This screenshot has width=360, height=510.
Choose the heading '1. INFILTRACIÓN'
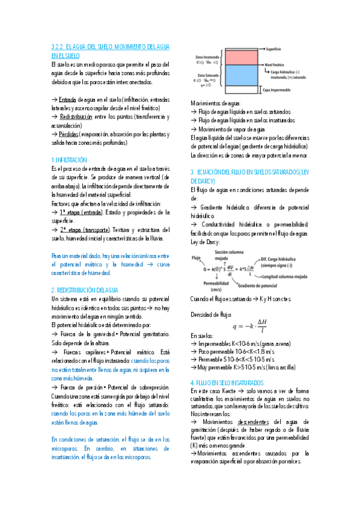click(69, 160)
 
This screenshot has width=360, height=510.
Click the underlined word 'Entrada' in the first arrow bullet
click(67, 99)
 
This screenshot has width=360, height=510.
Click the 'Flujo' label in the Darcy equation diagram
click(195, 257)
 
